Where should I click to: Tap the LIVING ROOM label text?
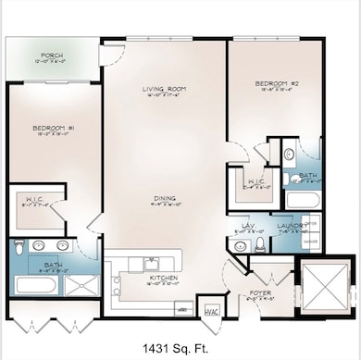click(x=159, y=89)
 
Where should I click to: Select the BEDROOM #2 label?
click(x=275, y=83)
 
